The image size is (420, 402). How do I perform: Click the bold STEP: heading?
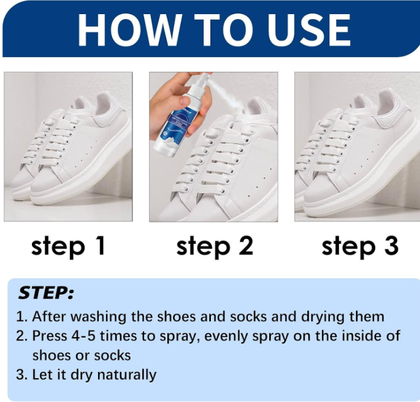(46, 292)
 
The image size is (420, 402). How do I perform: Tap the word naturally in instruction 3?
(126, 374)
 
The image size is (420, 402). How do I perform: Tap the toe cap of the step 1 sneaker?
(45, 184)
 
